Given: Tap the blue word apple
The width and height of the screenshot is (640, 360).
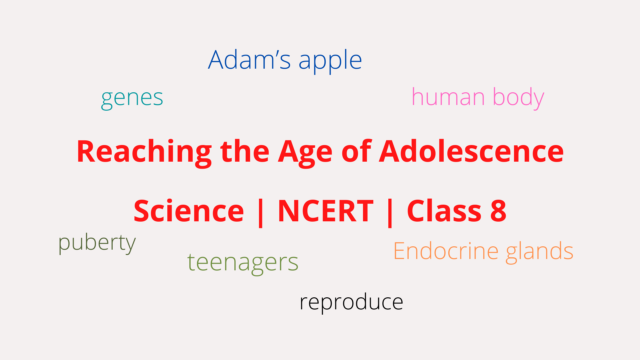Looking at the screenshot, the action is click(330, 62).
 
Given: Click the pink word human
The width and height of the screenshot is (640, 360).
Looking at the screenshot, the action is click(448, 97).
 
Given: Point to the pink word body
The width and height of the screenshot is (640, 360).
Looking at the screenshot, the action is click(518, 98).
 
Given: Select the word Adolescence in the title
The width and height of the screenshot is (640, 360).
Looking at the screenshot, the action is click(471, 151).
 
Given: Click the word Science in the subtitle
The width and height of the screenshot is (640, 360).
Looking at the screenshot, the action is click(189, 211).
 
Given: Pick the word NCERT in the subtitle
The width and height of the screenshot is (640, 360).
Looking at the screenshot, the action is click(326, 211).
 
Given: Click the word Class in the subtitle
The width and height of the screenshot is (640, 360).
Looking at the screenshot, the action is click(444, 211).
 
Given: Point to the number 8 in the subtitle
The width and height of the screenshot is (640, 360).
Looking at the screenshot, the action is click(498, 211).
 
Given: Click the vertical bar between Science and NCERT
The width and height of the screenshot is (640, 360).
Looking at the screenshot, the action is click(261, 213).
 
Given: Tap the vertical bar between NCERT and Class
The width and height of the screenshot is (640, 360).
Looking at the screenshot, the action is click(390, 213).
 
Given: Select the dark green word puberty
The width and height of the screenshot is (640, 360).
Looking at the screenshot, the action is click(97, 243).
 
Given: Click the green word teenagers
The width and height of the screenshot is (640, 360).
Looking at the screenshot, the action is click(243, 263).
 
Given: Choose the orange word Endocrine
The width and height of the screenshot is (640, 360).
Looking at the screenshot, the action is click(446, 251).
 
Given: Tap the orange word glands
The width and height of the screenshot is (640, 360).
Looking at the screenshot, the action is click(540, 252).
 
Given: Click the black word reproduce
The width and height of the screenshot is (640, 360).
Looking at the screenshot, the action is click(351, 303).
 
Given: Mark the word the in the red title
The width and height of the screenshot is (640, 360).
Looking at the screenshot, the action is click(245, 151).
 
